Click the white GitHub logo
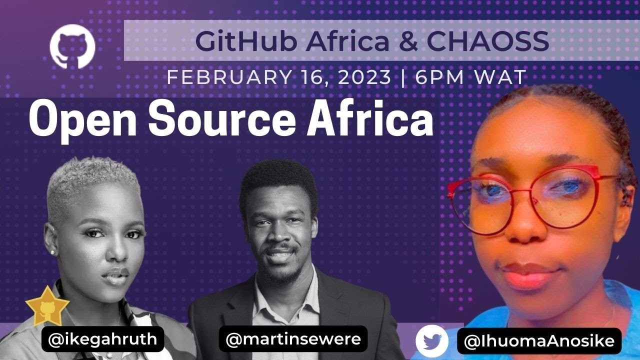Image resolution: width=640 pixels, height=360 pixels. click(72, 46)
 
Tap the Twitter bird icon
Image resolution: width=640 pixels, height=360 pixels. click(432, 341)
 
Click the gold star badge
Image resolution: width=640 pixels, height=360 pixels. click(47, 306)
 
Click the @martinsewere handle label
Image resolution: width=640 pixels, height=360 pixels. click(293, 339)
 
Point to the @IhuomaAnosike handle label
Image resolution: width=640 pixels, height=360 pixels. click(539, 341)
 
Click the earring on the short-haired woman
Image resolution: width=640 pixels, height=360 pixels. click(52, 252)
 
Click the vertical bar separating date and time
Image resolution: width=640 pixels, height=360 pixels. click(403, 77)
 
